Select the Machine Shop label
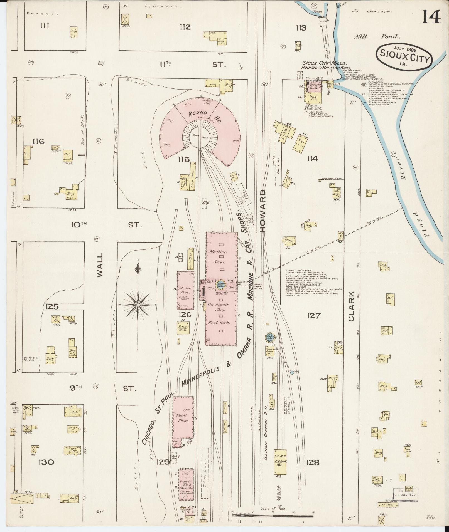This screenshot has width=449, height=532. coord(220,256)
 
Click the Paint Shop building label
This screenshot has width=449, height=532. coord(183,426)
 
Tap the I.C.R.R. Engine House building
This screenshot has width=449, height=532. coord(280,462)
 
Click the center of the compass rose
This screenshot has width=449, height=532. coord(138,305)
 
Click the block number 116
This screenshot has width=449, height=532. coord(38,142)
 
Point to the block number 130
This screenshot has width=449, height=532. coord(46,462)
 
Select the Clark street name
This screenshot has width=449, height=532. coord(351,306)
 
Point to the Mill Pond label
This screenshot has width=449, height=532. coord(377,36)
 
